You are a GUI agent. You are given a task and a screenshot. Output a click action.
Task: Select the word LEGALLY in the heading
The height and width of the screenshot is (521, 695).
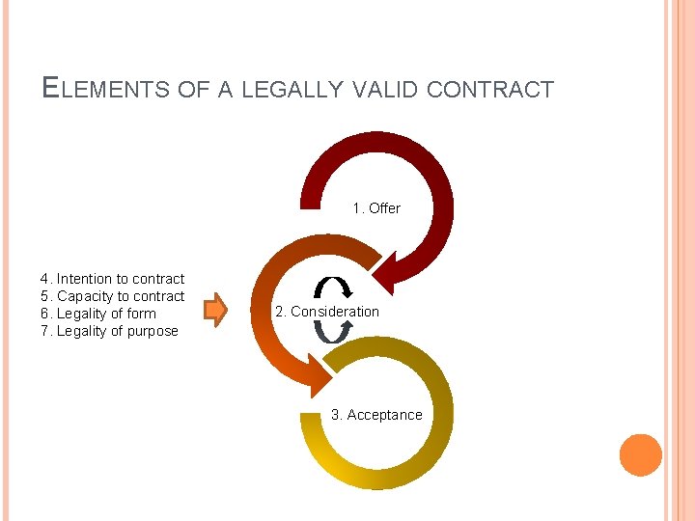point(292,90)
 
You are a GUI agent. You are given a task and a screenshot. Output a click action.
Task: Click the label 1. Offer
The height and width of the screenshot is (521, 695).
point(376,207)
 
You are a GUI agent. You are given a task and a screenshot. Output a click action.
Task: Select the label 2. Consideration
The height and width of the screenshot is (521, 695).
point(327,312)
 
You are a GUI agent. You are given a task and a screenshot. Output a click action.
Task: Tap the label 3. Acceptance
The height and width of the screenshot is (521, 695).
point(376,415)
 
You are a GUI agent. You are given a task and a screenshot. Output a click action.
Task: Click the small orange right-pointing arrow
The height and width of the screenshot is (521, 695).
point(215,310)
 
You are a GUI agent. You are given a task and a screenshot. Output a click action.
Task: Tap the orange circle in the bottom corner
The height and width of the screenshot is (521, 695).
point(640,454)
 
